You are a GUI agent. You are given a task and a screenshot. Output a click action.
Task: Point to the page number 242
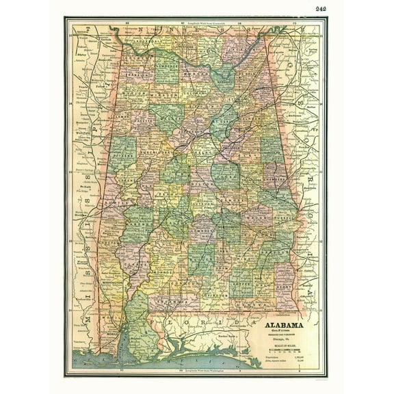tap(321, 8)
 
